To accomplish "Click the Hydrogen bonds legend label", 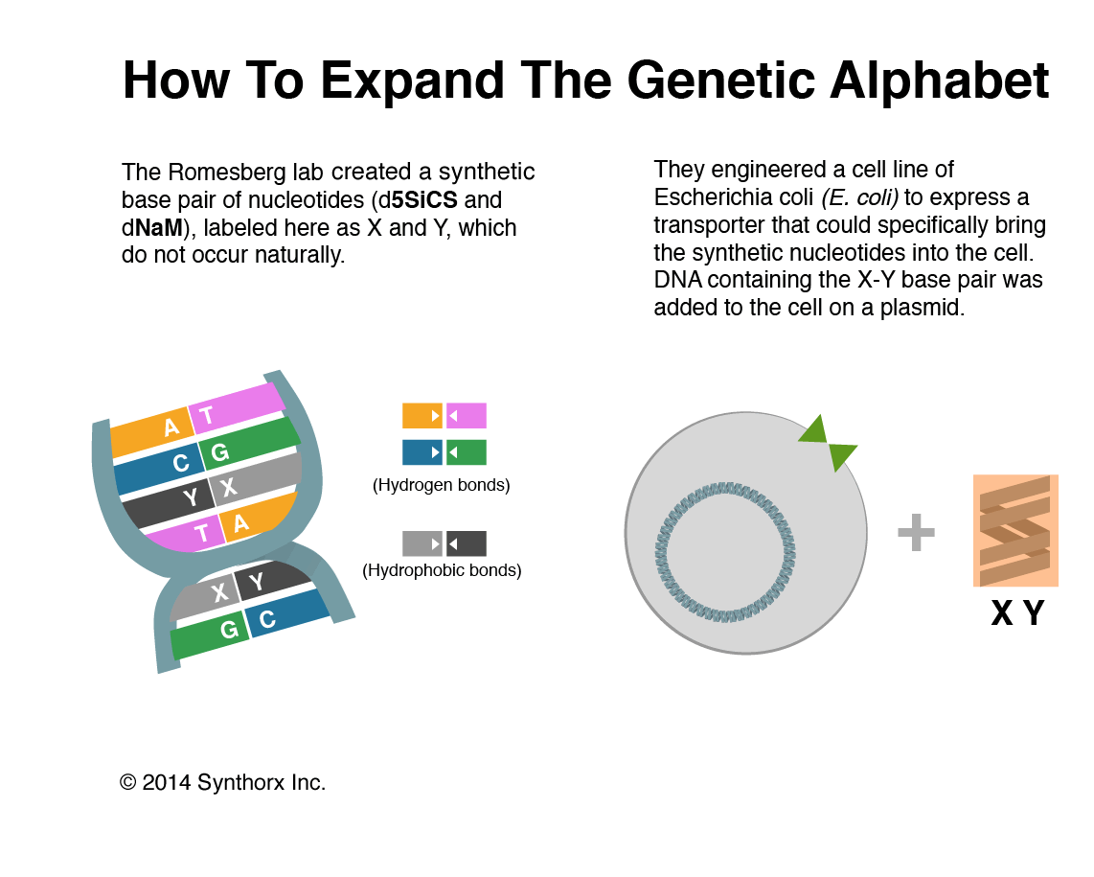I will pyautogui.click(x=441, y=485).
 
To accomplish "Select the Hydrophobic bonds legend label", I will pyautogui.click(x=442, y=570).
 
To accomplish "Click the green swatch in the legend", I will pyautogui.click(x=467, y=451).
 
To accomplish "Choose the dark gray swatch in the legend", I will pyautogui.click(x=467, y=543).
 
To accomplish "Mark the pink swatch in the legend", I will pyautogui.click(x=467, y=415).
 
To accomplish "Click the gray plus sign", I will pyautogui.click(x=916, y=533).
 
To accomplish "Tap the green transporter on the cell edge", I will pyautogui.click(x=827, y=443).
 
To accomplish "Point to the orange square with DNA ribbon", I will pyautogui.click(x=1015, y=530).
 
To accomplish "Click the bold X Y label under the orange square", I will pyautogui.click(x=1016, y=612).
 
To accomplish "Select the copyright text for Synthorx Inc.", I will pyautogui.click(x=223, y=782).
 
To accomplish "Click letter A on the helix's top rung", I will pyautogui.click(x=171, y=427).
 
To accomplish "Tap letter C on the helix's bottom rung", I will pyautogui.click(x=267, y=619).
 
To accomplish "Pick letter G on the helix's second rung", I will pyautogui.click(x=220, y=452).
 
